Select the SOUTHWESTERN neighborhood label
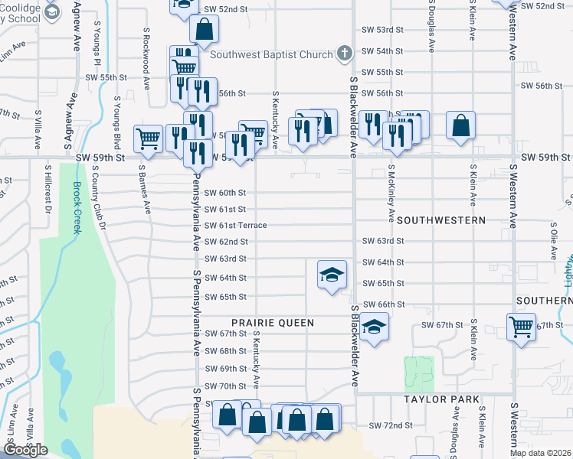click(441, 220)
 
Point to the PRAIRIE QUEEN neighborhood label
click(273, 323)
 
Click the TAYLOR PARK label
click(442, 399)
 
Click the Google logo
click(25, 450)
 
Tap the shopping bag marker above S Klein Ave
click(460, 125)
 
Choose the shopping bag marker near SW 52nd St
click(205, 31)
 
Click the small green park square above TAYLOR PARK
click(418, 372)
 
